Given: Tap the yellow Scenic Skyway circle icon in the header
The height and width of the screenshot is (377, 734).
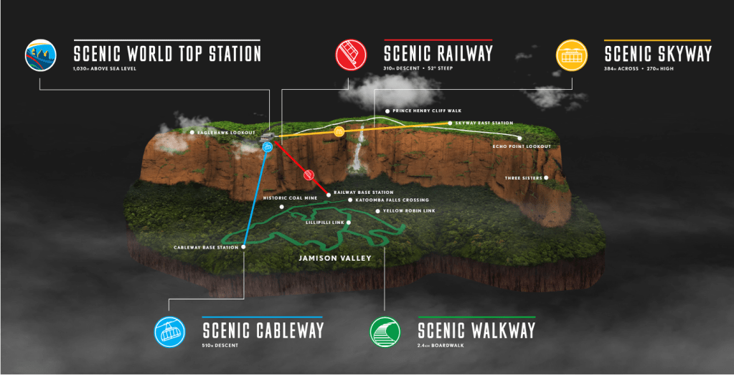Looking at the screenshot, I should [x=573, y=55].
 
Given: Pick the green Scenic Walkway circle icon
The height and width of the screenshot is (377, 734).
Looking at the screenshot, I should [x=385, y=332].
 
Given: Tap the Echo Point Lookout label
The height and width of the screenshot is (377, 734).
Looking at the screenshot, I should [x=522, y=146].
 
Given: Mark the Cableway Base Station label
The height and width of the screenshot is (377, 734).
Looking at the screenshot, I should [x=206, y=248].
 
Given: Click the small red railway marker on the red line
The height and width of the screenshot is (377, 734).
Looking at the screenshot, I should [x=310, y=174].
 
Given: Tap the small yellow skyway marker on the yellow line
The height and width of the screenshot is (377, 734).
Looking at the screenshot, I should [x=339, y=131].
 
